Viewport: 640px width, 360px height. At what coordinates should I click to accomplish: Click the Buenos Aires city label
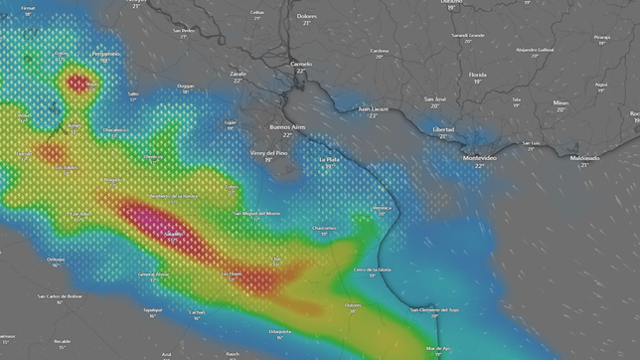[288, 127]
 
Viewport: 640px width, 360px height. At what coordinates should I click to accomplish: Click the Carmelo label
[301, 64]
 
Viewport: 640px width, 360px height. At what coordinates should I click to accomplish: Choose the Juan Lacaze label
[374, 108]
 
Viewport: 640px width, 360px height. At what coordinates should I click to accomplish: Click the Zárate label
[238, 73]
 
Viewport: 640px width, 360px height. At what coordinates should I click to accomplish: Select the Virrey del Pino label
[268, 152]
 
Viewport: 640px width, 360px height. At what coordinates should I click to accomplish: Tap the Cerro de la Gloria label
[373, 270]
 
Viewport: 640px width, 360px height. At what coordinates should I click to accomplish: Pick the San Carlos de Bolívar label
[60, 295]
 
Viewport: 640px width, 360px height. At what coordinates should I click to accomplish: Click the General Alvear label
[154, 273]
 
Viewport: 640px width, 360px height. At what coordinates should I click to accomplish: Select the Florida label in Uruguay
[478, 75]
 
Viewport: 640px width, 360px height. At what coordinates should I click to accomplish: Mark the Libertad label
[443, 129]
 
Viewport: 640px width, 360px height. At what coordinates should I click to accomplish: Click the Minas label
[561, 102]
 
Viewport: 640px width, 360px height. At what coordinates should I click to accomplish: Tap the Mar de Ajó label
[437, 348]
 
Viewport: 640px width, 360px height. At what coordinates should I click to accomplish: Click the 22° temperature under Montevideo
[480, 166]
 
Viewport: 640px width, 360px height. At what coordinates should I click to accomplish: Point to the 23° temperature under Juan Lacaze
[374, 116]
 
